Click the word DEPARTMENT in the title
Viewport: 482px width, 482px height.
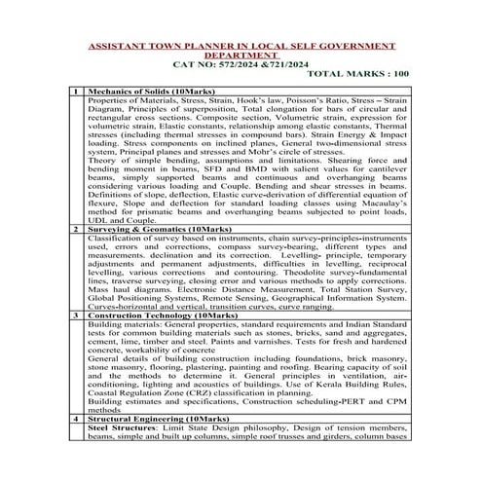[242, 56]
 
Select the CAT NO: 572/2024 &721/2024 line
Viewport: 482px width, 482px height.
[241, 64]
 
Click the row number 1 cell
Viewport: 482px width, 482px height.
[74, 91]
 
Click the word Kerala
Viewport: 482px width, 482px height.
[323, 408]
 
